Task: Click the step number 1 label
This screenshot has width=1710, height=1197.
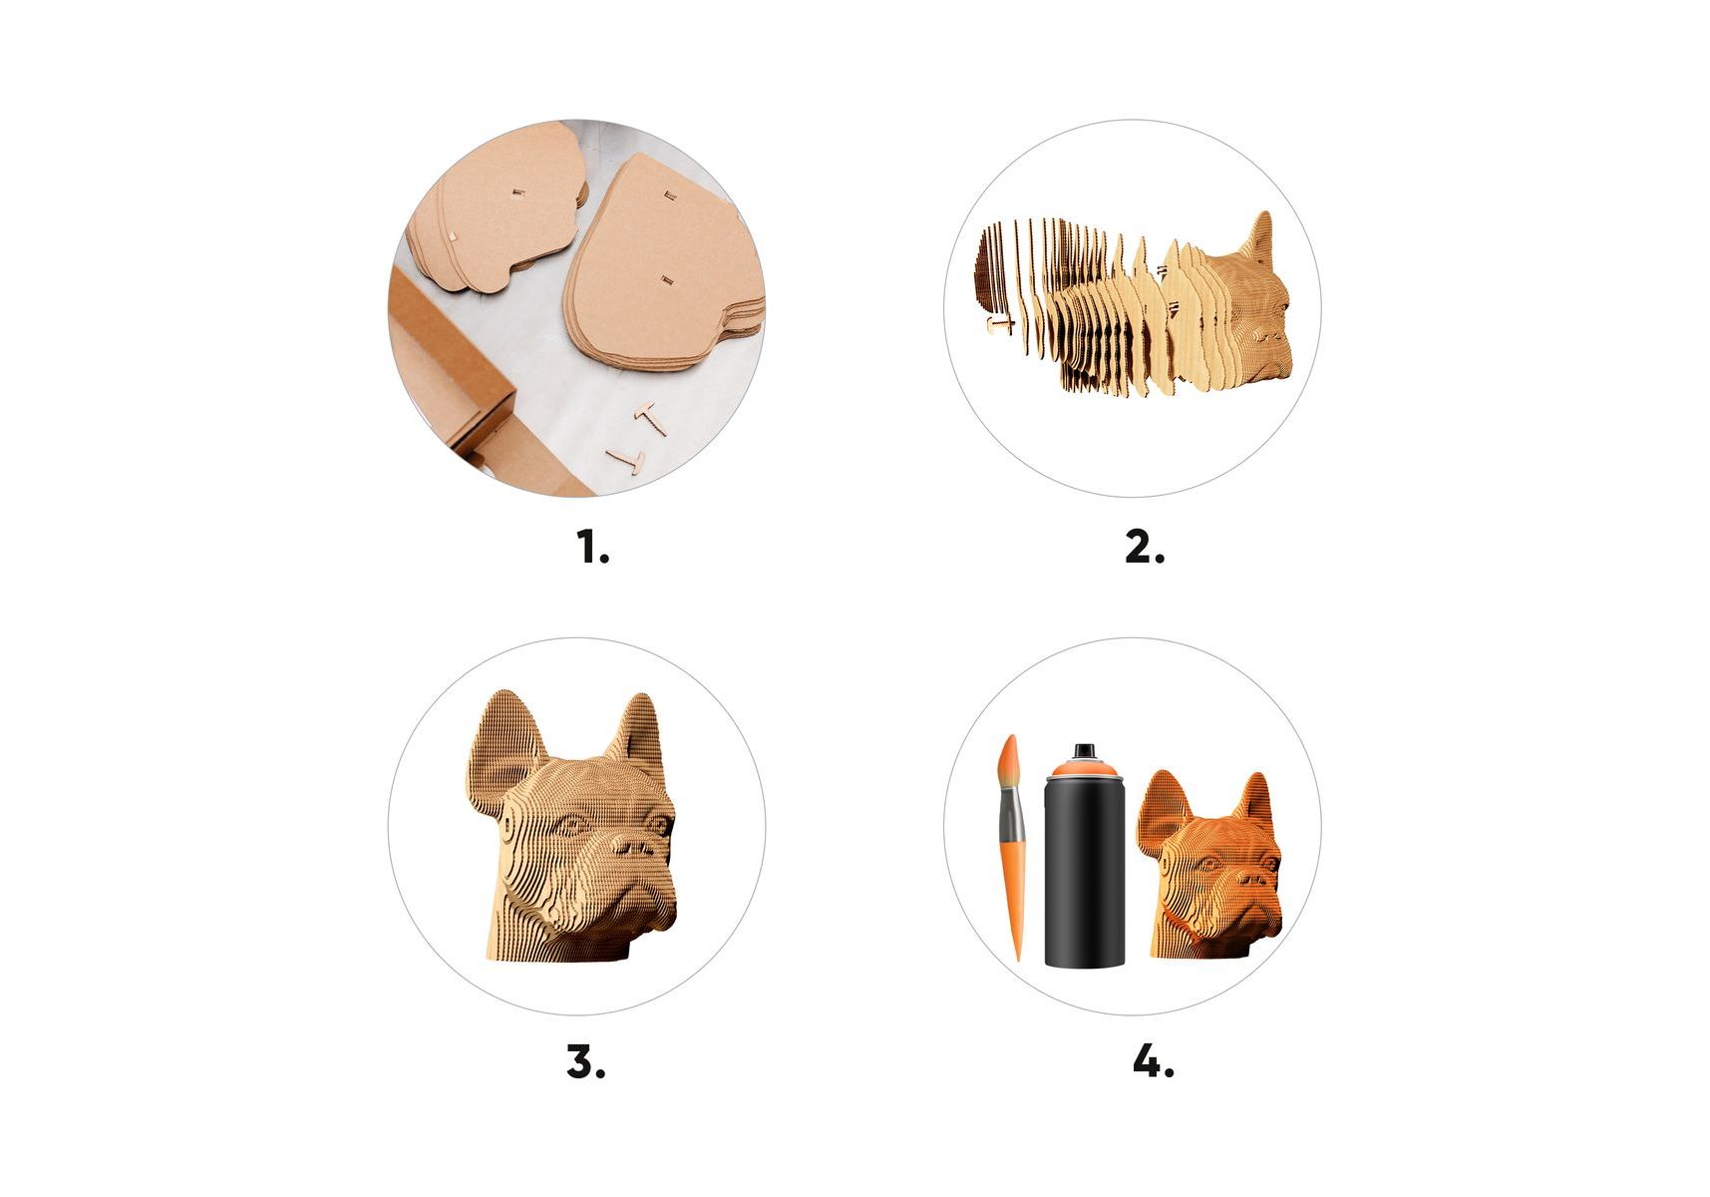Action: coord(593,547)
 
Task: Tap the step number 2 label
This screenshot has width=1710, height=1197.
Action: coord(1144,547)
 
